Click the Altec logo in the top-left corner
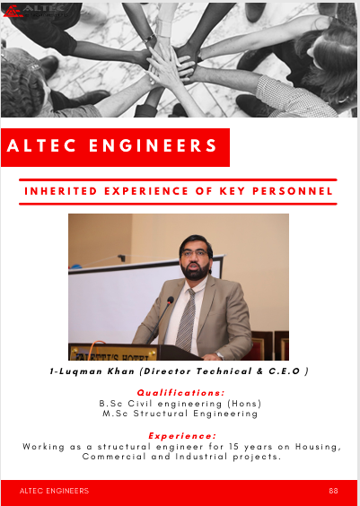[x=36, y=11]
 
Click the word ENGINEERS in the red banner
[x=153, y=145]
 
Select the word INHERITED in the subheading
[x=61, y=191]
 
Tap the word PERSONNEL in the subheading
[x=292, y=191]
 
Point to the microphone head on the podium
[x=171, y=301]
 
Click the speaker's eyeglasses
[x=195, y=253]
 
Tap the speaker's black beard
[x=196, y=269]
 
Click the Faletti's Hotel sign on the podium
[x=113, y=354]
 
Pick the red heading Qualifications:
[x=180, y=393]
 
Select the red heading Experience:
[x=182, y=436]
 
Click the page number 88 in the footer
[x=334, y=491]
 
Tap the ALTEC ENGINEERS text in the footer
[x=54, y=491]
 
